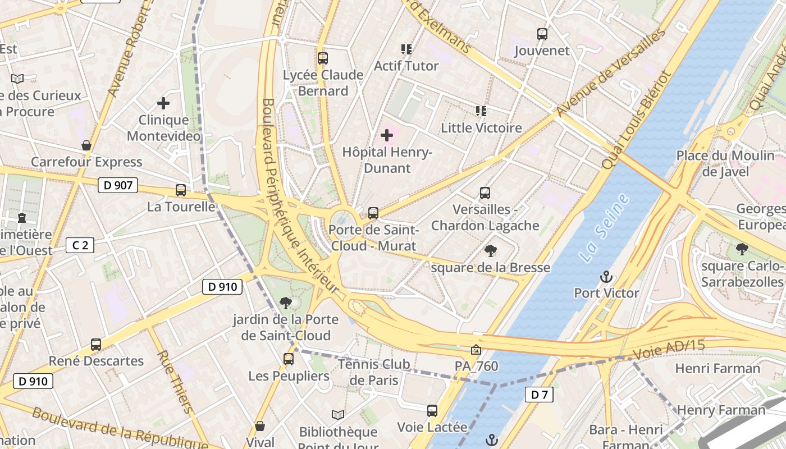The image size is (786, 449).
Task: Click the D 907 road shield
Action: [x=118, y=185]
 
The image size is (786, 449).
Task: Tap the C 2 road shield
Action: [x=80, y=245]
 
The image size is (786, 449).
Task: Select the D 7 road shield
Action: [x=539, y=395]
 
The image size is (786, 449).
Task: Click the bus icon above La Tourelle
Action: [x=181, y=190]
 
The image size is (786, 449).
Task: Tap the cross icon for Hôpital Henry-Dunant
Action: [x=387, y=135]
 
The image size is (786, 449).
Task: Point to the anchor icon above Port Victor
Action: [x=606, y=277]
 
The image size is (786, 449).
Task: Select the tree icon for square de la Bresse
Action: [x=490, y=251]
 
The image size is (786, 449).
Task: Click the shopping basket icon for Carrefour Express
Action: [x=86, y=146]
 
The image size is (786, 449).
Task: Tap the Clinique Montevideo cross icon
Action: [x=163, y=103]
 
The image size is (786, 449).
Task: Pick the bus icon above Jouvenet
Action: [x=542, y=34]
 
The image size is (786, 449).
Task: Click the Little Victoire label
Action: [x=481, y=128]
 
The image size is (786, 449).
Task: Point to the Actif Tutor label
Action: [x=406, y=66]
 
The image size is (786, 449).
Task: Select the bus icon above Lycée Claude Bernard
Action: [x=322, y=58]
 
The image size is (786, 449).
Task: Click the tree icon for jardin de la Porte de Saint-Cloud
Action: [x=286, y=303]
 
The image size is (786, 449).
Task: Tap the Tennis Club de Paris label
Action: [x=373, y=372]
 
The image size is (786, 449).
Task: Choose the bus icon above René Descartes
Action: [x=96, y=345]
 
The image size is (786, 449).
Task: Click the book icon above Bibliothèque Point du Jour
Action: [x=337, y=415]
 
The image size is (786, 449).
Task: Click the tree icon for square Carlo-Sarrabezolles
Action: [x=742, y=249]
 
